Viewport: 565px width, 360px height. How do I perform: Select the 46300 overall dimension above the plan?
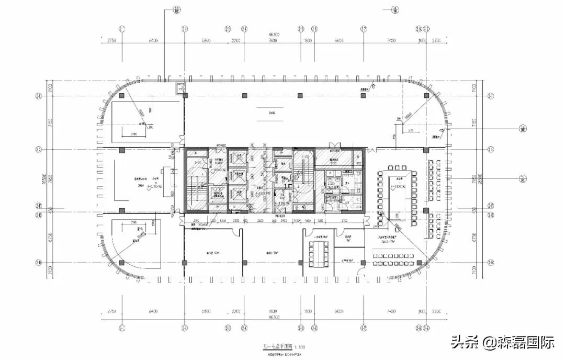click(x=272, y=35)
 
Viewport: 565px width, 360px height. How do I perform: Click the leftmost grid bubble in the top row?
click(x=121, y=28)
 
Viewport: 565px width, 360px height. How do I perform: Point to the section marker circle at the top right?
click(x=396, y=9)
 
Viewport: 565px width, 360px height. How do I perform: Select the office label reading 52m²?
click(x=211, y=253)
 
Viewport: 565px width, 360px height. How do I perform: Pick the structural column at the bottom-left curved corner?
click(x=121, y=263)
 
